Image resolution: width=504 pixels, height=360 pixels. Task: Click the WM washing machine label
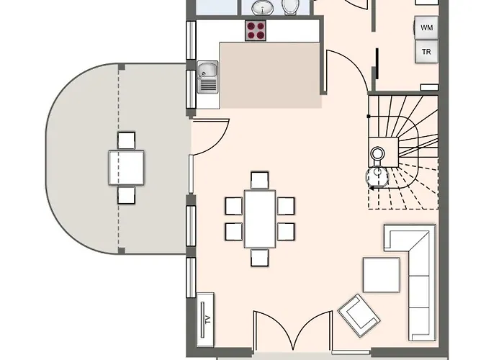tap(426, 27)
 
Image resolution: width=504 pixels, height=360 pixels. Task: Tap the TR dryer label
tap(426, 51)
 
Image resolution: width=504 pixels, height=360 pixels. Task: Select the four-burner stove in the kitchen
tap(256, 30)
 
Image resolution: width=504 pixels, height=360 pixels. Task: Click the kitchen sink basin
tap(207, 78)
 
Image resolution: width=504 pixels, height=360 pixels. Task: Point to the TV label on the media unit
tap(207, 319)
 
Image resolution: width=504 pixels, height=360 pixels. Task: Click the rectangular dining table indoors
tap(260, 219)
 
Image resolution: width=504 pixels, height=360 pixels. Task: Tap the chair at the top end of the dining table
tap(259, 180)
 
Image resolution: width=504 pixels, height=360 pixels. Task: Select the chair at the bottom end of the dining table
tap(259, 258)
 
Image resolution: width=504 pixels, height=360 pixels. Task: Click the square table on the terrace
tap(126, 168)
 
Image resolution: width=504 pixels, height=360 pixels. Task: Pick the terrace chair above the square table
tap(126, 140)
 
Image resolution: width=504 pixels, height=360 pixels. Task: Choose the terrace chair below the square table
tap(126, 195)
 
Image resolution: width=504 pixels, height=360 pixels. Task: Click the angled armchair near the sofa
tap(359, 315)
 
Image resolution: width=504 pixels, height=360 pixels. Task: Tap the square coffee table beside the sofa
tap(382, 275)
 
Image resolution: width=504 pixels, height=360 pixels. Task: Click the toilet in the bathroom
tap(291, 7)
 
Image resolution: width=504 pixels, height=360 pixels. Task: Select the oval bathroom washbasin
tap(263, 7)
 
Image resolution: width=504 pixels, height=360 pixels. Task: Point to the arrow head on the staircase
tap(372, 188)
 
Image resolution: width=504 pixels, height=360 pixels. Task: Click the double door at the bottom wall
tap(292, 330)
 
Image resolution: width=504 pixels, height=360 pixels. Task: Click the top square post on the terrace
tap(122, 67)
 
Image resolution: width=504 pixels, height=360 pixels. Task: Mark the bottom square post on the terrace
tap(122, 251)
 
